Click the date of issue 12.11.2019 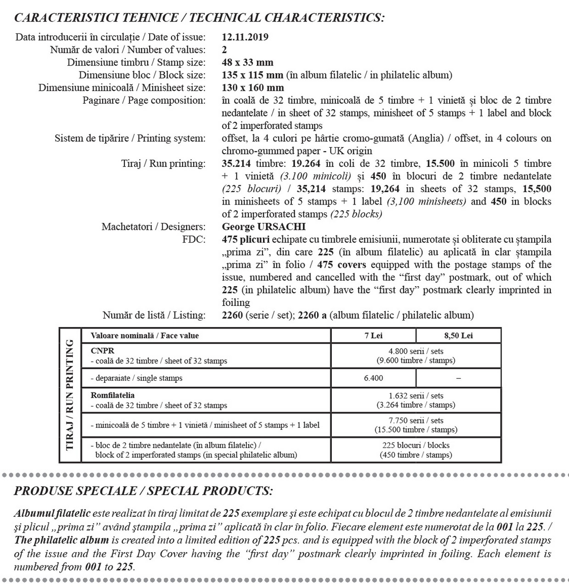[245, 37]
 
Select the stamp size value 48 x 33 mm [247, 62]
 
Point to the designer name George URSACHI [263, 227]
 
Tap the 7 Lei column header [374, 336]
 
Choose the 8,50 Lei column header [458, 336]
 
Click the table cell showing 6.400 [374, 378]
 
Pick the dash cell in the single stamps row [458, 378]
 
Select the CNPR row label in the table [103, 351]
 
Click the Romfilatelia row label [113, 395]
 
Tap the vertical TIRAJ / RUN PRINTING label [70, 395]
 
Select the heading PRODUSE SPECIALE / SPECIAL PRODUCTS [143, 491]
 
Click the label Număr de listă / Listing [154, 315]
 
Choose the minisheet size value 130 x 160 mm [253, 88]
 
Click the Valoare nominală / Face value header [145, 336]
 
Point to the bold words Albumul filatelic [52, 514]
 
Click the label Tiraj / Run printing [163, 164]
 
